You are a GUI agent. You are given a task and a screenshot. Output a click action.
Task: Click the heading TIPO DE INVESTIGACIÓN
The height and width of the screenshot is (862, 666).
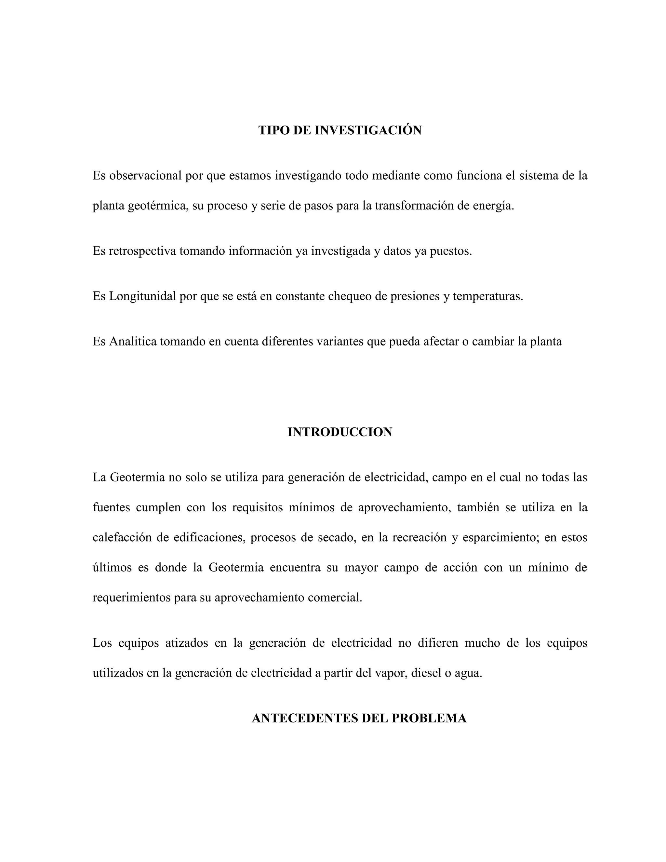pyautogui.click(x=340, y=130)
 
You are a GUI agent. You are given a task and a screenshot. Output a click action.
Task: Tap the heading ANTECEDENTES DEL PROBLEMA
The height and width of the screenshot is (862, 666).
pyautogui.click(x=359, y=718)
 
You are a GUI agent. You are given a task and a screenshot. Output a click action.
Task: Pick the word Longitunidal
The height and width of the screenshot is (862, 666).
pyautogui.click(x=142, y=296)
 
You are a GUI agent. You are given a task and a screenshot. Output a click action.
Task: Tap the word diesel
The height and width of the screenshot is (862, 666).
pyautogui.click(x=426, y=673)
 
